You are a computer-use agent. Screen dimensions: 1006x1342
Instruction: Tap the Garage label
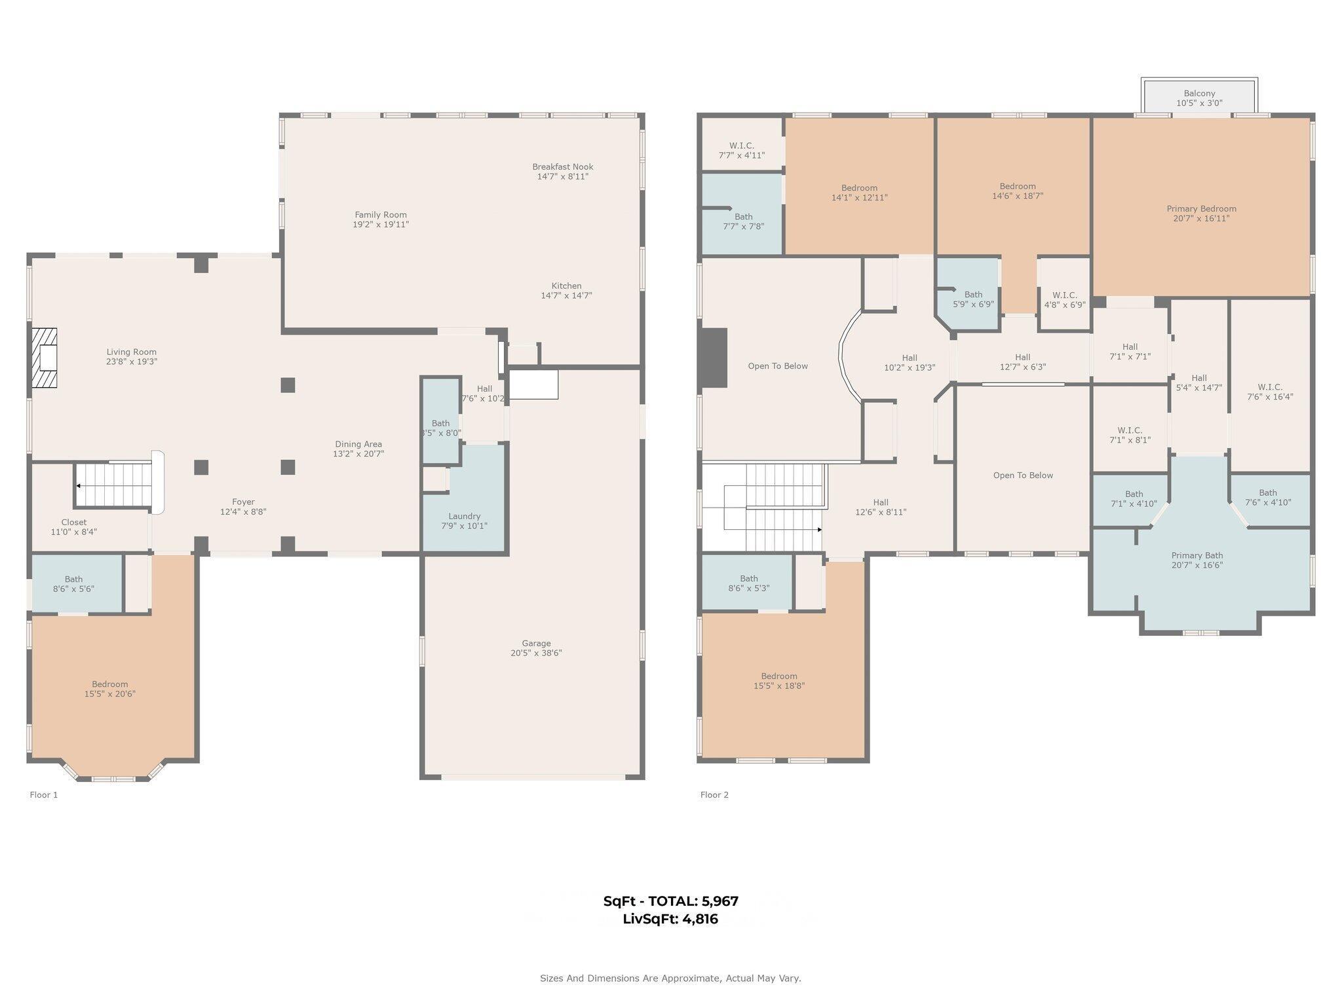tap(536, 643)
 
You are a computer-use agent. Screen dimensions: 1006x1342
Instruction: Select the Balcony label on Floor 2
tap(1199, 94)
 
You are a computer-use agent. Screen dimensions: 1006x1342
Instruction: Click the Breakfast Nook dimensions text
tap(562, 177)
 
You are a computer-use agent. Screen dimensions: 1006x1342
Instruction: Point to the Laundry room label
tap(464, 516)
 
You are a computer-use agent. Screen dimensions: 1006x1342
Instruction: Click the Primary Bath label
tap(1197, 555)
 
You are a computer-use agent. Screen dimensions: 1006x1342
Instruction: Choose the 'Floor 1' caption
tap(44, 794)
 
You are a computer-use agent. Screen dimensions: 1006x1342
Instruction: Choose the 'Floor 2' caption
tap(714, 794)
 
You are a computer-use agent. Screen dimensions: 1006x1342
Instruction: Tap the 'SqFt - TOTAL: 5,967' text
tap(670, 901)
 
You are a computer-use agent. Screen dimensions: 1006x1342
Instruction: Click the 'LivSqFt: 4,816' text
tap(670, 919)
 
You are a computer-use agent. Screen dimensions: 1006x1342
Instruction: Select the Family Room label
tap(381, 215)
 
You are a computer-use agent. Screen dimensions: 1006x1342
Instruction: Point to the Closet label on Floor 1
tap(73, 522)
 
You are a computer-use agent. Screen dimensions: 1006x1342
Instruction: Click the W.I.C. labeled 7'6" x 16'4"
tap(1269, 392)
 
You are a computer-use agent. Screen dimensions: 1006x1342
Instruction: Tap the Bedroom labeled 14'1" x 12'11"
tap(859, 193)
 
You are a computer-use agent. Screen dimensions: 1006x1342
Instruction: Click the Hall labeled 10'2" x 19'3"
tap(909, 363)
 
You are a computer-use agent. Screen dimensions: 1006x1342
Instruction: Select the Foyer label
tap(243, 502)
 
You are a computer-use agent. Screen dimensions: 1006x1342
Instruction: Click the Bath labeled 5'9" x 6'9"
tap(973, 299)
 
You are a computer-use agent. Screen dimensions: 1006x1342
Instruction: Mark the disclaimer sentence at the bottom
tap(670, 978)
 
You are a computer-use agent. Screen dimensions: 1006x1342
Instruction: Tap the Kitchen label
tap(566, 286)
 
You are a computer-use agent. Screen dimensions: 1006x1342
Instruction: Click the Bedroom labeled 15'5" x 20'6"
tap(109, 689)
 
